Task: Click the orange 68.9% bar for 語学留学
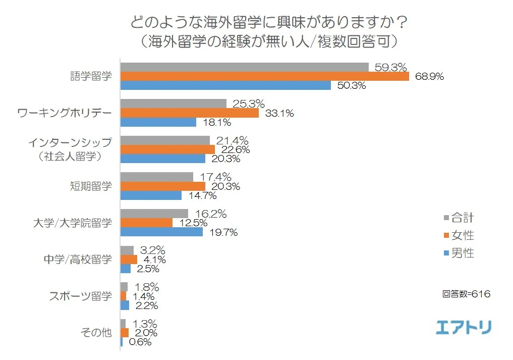point(264,77)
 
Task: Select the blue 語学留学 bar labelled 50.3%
point(225,86)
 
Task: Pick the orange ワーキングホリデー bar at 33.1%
point(189,113)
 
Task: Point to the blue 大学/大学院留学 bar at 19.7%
point(161,232)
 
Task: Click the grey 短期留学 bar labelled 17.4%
point(156,177)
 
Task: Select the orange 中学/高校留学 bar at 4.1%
point(129,260)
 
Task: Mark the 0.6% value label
point(140,342)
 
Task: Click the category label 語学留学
point(91,77)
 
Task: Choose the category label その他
point(96,333)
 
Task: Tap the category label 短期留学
point(91,186)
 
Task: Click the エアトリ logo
point(464,327)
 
